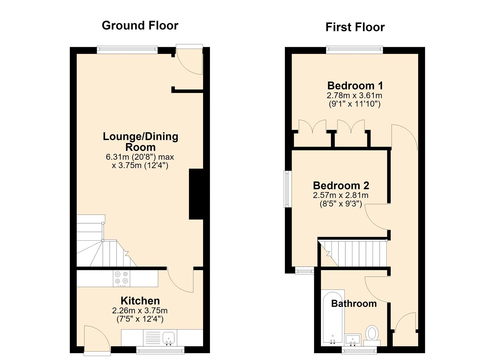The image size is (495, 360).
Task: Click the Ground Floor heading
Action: [x=140, y=26]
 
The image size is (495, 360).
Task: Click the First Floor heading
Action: [x=355, y=27]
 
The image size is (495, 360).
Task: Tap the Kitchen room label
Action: [x=140, y=301]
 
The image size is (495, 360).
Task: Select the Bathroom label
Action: [x=354, y=304]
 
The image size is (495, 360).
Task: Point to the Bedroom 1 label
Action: [x=355, y=86]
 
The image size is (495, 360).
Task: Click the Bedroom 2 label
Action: [x=341, y=186]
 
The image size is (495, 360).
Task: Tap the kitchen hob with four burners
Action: [x=122, y=278]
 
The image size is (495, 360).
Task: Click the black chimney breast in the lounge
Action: [x=196, y=194]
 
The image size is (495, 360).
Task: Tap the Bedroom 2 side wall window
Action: [x=288, y=189]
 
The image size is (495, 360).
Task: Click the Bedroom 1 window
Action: [x=354, y=50]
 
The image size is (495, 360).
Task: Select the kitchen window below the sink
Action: [x=160, y=350]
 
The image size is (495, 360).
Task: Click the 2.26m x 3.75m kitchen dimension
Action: [x=140, y=311]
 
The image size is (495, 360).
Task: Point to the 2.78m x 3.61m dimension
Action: [x=354, y=96]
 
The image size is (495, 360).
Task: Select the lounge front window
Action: [x=127, y=50]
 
